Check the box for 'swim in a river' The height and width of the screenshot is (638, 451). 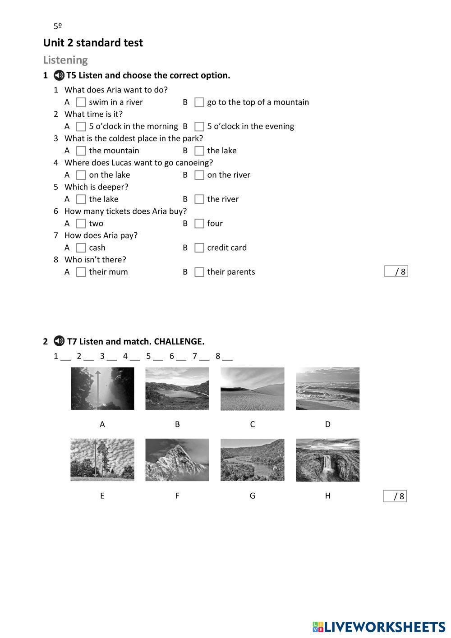[x=81, y=102]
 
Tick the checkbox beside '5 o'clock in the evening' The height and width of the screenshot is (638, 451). [x=199, y=126]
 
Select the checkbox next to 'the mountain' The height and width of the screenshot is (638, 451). [x=81, y=151]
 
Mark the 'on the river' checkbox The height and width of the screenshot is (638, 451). [x=199, y=175]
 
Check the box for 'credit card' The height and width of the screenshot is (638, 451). [x=199, y=248]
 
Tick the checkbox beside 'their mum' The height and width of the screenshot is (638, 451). [x=81, y=272]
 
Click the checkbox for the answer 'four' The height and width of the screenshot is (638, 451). [x=199, y=224]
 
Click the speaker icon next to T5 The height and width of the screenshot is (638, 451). [x=59, y=75]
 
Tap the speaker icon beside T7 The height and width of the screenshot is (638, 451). [x=59, y=341]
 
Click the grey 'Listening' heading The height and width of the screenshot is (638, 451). [x=65, y=60]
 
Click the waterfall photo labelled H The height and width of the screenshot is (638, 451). [x=327, y=460]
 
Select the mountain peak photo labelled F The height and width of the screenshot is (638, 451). [x=177, y=460]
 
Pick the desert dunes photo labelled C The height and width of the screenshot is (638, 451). [x=252, y=389]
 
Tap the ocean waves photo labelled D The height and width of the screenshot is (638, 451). [x=327, y=389]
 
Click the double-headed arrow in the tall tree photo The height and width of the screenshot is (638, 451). [x=96, y=459]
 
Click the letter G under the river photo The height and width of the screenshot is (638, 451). [x=252, y=496]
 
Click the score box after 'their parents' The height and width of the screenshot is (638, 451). [x=396, y=271]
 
